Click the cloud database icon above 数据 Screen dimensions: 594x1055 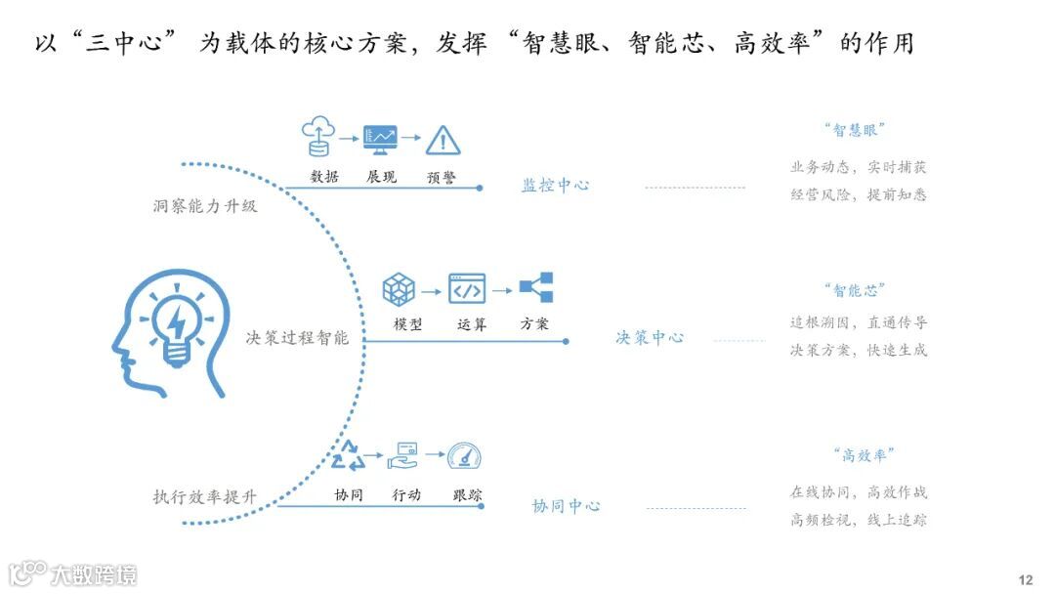click(x=317, y=137)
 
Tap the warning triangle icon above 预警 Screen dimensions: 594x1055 click(x=443, y=140)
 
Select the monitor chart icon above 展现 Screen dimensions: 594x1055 click(x=380, y=139)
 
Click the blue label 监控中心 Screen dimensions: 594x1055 click(x=555, y=185)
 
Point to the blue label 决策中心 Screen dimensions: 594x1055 click(x=650, y=337)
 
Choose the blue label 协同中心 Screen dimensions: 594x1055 click(x=566, y=506)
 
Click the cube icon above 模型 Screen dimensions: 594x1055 click(x=399, y=289)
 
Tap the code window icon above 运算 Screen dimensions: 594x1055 click(x=467, y=289)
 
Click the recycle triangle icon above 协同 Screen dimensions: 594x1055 click(x=348, y=456)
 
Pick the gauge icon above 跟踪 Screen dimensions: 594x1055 click(x=465, y=456)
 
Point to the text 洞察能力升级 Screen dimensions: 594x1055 click(x=205, y=206)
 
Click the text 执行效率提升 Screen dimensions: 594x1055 click(x=205, y=496)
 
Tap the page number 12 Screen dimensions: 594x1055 click(x=1025, y=579)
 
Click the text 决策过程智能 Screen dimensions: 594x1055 click(x=297, y=338)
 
